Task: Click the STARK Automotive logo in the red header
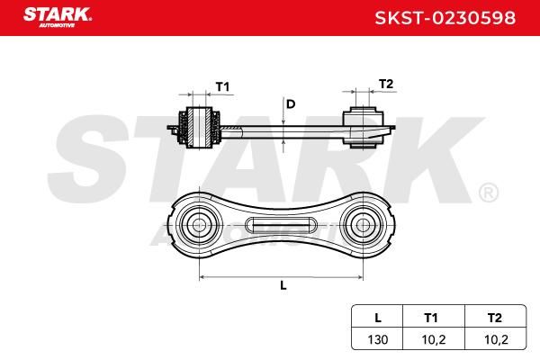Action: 58,17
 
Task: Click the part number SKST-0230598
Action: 445,18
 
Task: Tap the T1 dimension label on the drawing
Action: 222,86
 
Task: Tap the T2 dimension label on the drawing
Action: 386,84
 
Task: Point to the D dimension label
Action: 291,103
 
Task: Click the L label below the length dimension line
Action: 283,285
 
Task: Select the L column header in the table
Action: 377,318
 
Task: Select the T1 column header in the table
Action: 431,318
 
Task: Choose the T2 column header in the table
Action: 494,318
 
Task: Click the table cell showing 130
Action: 378,339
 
